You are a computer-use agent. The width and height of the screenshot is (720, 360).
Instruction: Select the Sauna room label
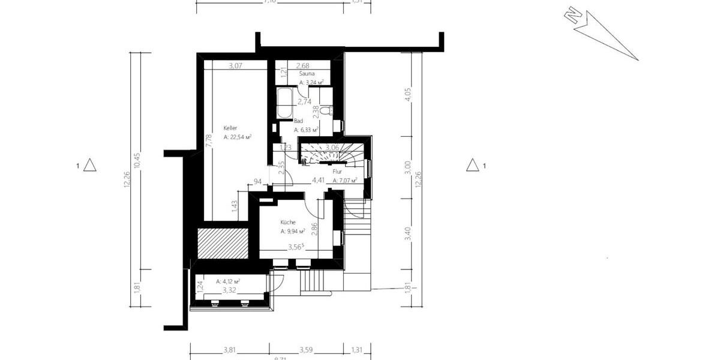(307, 74)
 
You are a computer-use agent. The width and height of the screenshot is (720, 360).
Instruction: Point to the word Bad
(298, 121)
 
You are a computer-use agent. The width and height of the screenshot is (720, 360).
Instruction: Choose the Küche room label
(288, 222)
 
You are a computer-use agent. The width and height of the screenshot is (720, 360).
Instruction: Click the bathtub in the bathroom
(284, 103)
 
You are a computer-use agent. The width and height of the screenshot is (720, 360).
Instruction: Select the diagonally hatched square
(223, 242)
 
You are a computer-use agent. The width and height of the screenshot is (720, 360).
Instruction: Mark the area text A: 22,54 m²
(237, 137)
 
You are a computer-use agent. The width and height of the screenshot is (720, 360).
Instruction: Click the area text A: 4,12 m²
(228, 281)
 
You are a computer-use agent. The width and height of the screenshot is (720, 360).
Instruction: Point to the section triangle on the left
(89, 165)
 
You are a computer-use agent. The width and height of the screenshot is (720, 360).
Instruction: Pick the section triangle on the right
(473, 165)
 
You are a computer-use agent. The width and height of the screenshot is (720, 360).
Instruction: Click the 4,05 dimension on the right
(409, 97)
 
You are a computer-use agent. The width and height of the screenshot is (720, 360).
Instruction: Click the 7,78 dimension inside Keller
(209, 139)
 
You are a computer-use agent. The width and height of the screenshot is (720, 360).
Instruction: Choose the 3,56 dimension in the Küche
(295, 247)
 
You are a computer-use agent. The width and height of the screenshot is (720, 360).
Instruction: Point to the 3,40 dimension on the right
(409, 233)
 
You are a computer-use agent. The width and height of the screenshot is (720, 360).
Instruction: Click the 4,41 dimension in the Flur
(318, 179)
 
